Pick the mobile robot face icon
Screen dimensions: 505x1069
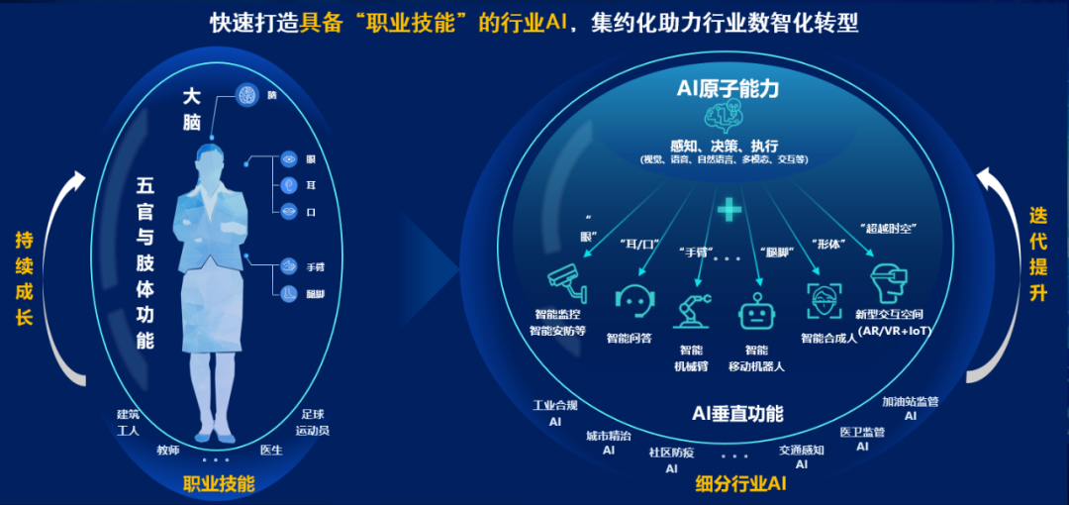(x=755, y=311)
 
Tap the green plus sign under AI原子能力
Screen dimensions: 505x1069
(x=729, y=209)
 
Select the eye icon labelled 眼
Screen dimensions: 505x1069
(x=289, y=158)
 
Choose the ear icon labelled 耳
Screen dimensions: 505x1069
(x=289, y=184)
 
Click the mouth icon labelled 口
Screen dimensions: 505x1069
(x=289, y=210)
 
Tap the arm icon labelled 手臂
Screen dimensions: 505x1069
(x=288, y=266)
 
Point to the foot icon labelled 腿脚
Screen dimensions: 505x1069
(x=288, y=293)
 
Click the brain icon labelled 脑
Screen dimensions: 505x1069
(x=247, y=95)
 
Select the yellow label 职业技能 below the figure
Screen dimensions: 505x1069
(x=219, y=484)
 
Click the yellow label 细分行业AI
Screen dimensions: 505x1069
(x=741, y=484)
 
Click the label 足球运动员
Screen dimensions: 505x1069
(x=312, y=423)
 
